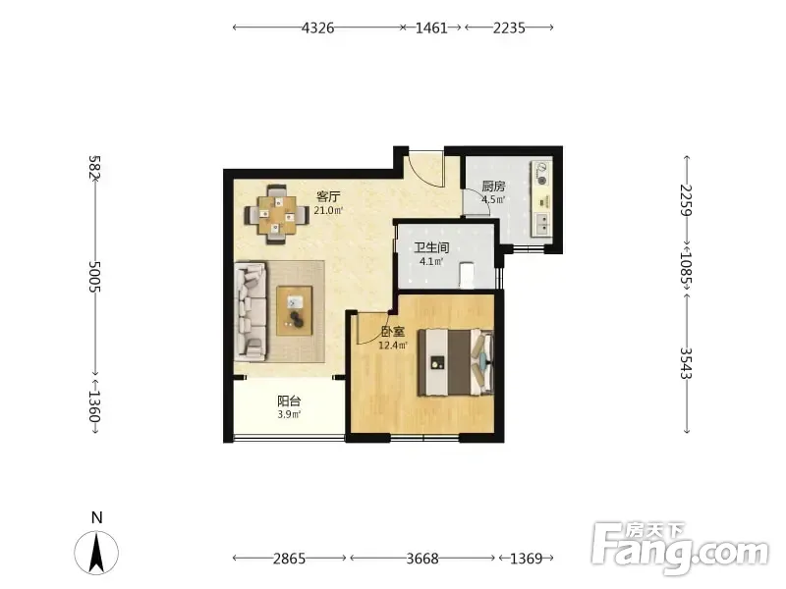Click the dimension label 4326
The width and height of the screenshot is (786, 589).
317,28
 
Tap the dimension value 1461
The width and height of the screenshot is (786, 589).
431,28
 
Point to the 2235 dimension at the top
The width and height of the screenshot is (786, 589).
509,28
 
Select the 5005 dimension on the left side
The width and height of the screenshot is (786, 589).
94,277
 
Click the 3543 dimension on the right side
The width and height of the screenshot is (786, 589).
686,363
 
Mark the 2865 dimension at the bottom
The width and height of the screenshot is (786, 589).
289,558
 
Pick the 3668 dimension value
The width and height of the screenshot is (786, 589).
422,558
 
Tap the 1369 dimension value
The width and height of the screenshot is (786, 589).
527,558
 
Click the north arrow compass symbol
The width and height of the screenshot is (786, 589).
96,553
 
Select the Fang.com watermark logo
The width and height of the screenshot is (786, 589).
680,549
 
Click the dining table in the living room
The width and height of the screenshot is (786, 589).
276,214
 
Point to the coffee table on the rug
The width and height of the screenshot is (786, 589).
294,310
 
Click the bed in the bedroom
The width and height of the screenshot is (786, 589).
456,362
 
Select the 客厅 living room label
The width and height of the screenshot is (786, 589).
328,195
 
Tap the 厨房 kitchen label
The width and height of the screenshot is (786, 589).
493,187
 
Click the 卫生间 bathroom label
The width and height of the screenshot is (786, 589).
431,247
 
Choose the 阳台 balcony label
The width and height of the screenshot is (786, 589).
289,402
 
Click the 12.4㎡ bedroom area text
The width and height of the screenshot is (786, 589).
393,346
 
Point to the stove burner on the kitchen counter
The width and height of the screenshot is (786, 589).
541,180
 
